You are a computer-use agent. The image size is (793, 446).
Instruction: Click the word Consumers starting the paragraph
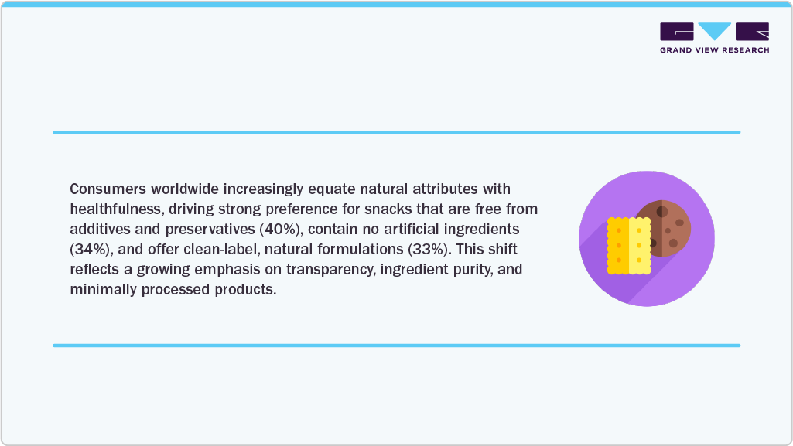point(105,189)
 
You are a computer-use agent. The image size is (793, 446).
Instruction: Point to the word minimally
point(101,290)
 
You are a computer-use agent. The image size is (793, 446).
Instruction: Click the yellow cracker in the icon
point(628,245)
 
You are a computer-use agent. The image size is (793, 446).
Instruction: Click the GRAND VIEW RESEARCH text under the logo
point(714,50)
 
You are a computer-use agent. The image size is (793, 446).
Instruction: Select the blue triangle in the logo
point(714,31)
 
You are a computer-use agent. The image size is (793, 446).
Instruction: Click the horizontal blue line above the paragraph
point(396,132)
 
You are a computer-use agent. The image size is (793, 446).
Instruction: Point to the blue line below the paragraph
point(396,346)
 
